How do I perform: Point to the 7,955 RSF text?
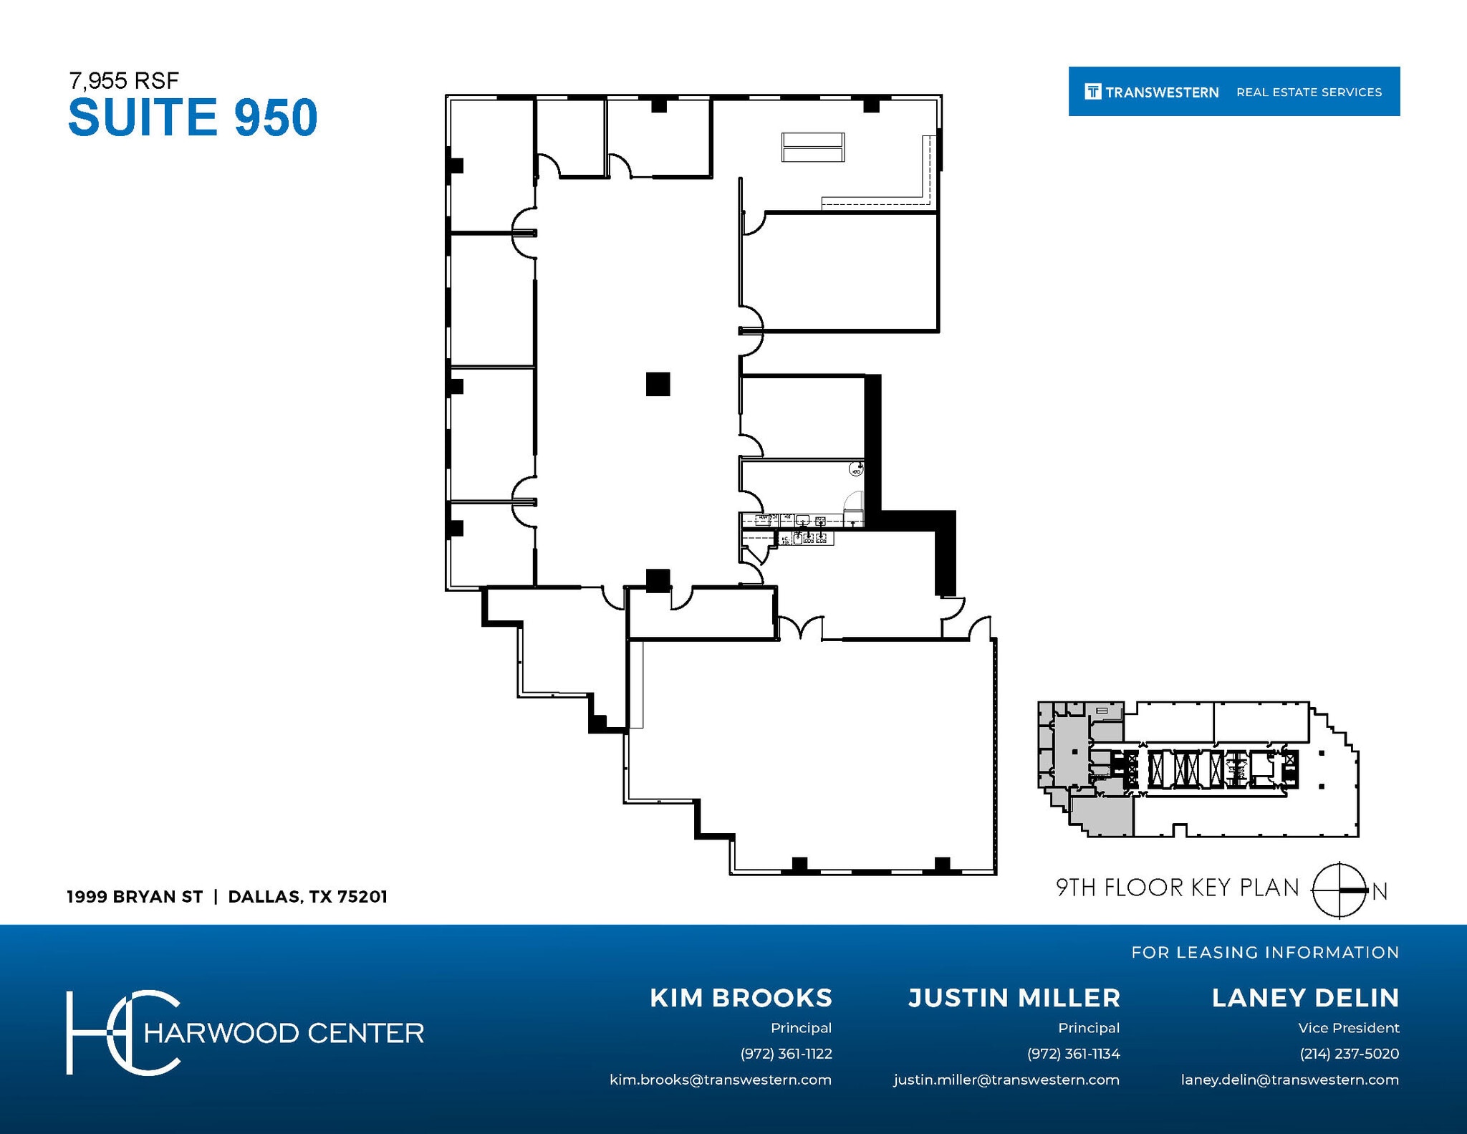[123, 80]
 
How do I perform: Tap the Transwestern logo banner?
[1233, 92]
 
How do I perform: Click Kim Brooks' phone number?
[786, 1054]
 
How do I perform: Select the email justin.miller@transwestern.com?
[1006, 1080]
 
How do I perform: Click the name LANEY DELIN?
[1305, 998]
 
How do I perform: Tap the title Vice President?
[1348, 1028]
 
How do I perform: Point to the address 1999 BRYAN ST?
[135, 897]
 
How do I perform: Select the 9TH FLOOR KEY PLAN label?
[1177, 888]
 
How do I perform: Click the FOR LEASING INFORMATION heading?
[1265, 952]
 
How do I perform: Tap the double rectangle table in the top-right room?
[813, 147]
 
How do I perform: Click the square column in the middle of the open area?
[658, 384]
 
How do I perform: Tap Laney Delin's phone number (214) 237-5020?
[1349, 1054]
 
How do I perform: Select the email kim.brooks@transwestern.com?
[721, 1080]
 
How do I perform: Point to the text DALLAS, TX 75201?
[307, 897]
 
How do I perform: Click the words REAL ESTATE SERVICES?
[1309, 92]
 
